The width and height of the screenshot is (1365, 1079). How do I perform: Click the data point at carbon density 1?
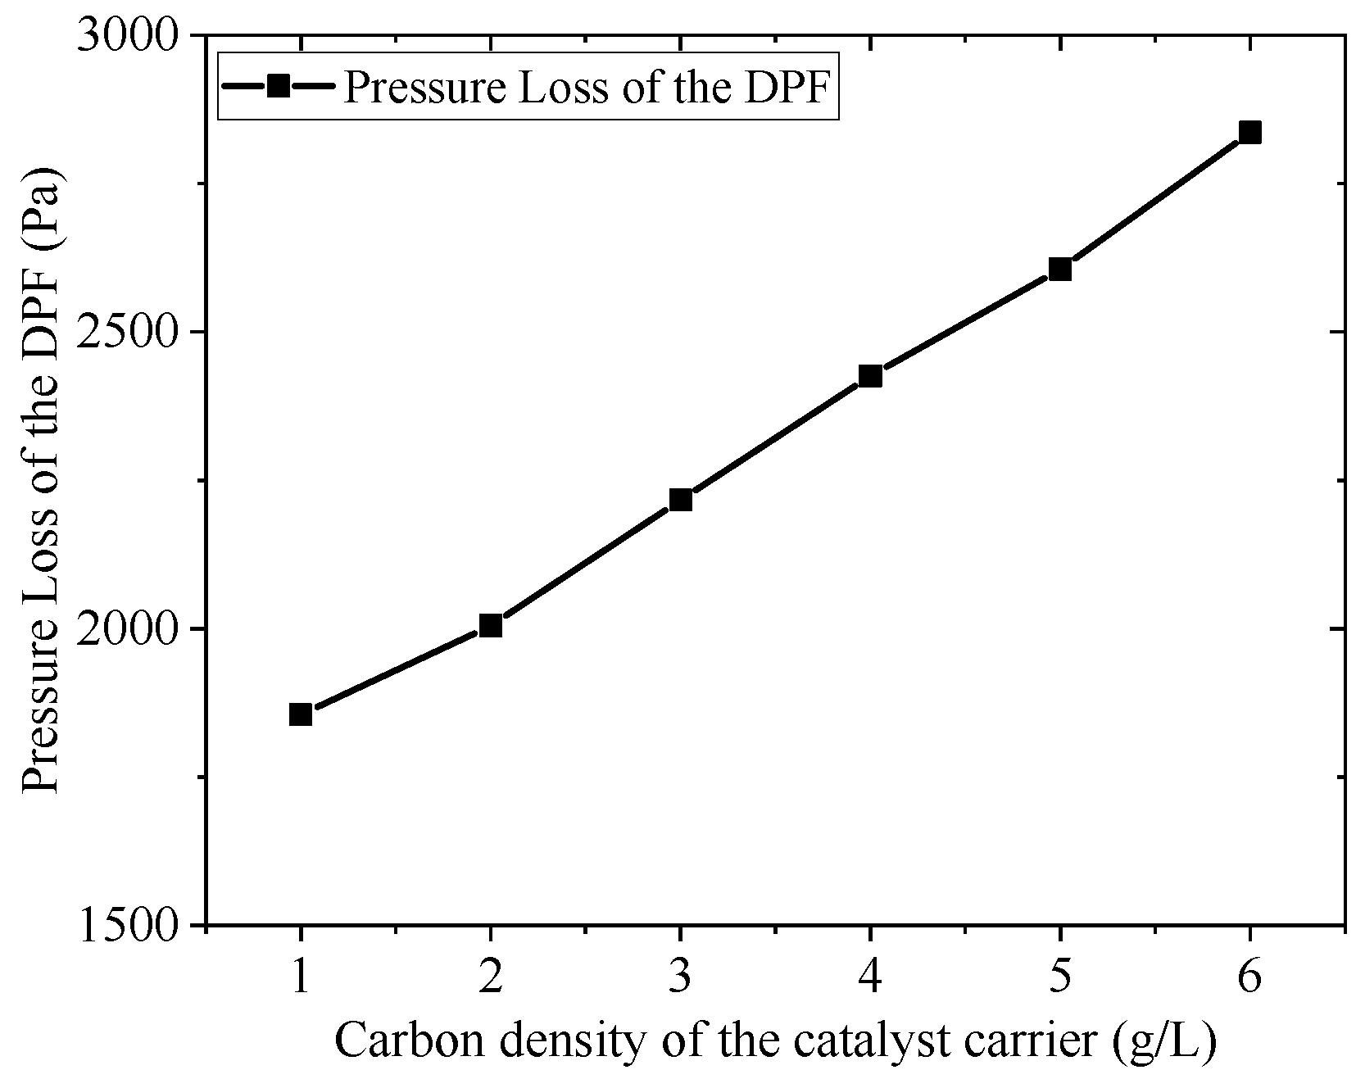301,714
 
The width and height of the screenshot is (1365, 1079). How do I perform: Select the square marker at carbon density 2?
491,626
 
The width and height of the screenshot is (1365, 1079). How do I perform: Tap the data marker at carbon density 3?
681,500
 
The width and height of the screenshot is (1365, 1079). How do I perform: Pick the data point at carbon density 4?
870,376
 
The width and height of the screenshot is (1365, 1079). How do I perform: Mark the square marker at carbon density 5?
1060,269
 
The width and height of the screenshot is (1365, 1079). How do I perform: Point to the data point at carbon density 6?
1250,133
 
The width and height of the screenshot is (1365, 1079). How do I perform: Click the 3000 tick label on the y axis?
129,37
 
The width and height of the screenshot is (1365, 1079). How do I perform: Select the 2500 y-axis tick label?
129,333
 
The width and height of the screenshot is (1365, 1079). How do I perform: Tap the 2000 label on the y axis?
129,629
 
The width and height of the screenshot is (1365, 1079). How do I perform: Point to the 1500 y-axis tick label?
129,926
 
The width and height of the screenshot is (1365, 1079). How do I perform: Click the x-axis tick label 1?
301,977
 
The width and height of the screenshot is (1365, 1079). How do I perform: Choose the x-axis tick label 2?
491,977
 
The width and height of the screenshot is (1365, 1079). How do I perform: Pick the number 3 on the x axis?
681,977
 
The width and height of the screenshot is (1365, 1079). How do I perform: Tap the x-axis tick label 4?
870,977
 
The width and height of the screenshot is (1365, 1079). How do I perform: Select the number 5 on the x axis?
1060,977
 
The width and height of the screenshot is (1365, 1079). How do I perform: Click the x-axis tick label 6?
1250,977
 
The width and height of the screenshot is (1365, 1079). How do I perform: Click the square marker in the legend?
279,86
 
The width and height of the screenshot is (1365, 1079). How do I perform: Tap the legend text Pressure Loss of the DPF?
587,87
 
